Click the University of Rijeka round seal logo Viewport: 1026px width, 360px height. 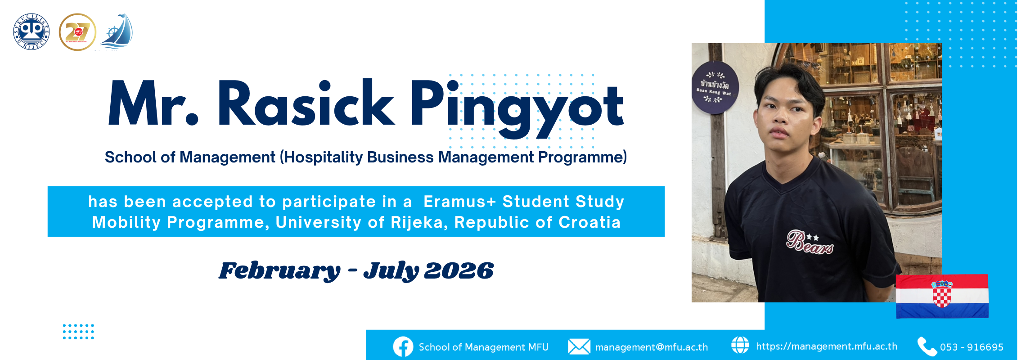coord(31,31)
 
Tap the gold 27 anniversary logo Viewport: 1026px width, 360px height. coord(77,32)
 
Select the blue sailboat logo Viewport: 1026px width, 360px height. coord(117,31)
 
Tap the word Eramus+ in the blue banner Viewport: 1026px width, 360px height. coord(459,202)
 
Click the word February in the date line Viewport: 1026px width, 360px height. coord(279,271)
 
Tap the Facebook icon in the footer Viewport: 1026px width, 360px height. coord(403,347)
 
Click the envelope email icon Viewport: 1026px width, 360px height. coord(579,347)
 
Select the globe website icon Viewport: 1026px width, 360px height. coord(740,345)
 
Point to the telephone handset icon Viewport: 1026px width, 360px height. coord(927,346)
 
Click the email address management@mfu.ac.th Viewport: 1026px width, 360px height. coord(651,347)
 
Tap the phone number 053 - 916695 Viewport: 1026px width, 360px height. coord(972,347)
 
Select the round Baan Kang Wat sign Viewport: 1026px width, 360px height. coord(714,87)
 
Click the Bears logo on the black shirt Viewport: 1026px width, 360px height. coord(809,242)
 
